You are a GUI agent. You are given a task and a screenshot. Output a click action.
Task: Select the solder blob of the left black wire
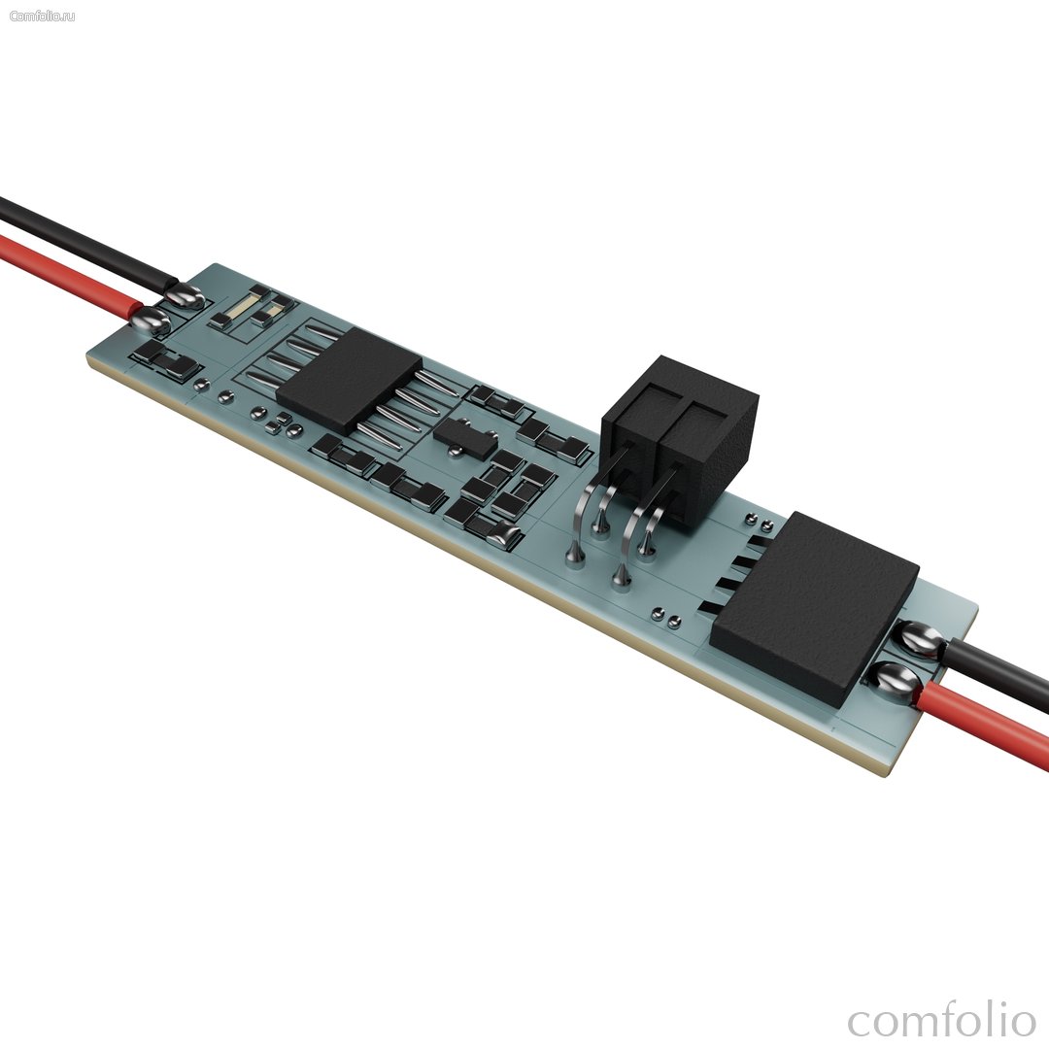point(184,295)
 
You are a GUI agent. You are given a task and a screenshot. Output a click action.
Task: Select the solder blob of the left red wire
point(151,321)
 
